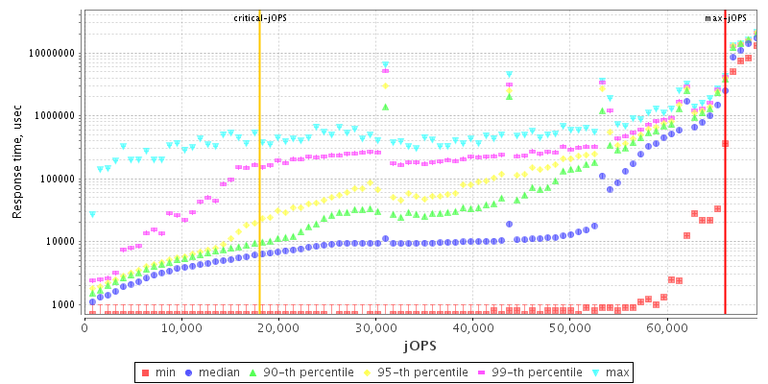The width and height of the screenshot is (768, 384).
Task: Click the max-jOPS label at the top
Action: point(725,18)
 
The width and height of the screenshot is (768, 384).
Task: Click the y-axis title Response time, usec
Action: point(17,162)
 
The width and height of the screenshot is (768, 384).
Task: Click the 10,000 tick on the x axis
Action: point(181,328)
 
